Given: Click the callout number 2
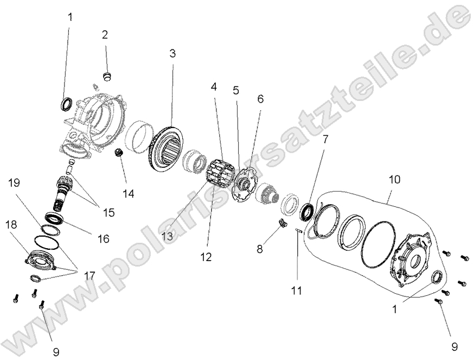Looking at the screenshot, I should point(105,35).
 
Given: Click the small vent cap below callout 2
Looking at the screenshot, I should point(107,74).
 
